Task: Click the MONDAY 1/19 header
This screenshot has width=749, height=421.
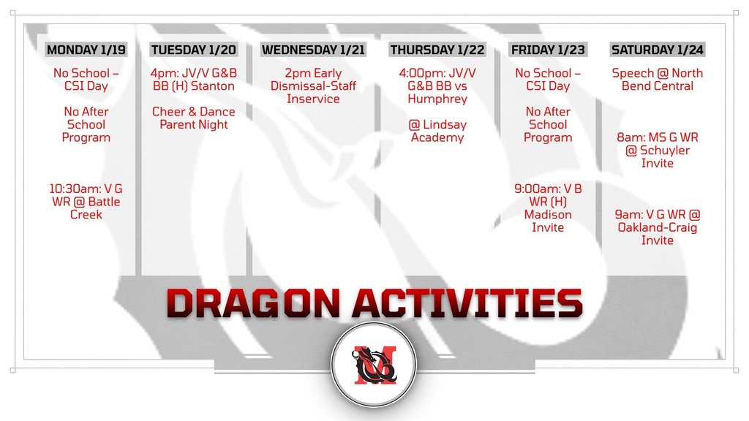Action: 86,50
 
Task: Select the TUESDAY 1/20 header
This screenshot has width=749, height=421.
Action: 193,50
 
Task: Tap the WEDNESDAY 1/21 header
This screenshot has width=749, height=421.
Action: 313,50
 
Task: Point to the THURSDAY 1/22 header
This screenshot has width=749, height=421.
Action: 437,50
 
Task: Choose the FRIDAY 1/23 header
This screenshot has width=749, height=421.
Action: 548,50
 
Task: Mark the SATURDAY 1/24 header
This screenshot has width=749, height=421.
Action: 658,50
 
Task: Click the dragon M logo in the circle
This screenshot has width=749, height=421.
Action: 374,365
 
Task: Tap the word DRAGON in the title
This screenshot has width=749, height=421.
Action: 253,303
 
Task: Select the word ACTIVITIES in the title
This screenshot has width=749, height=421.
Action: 467,303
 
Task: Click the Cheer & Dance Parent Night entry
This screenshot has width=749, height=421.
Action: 193,118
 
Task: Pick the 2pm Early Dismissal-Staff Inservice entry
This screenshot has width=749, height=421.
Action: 313,86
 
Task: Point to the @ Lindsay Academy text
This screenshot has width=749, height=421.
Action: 437,131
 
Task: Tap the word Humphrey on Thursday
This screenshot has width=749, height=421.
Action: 437,99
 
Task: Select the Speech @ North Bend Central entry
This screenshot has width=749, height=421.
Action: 658,79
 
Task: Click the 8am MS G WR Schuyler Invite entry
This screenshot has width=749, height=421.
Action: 658,151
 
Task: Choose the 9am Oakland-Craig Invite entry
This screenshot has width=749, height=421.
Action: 658,227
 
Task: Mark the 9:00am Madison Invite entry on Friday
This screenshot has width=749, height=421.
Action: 548,208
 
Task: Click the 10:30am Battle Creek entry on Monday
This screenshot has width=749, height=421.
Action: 86,202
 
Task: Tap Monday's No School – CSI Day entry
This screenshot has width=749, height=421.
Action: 86,79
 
